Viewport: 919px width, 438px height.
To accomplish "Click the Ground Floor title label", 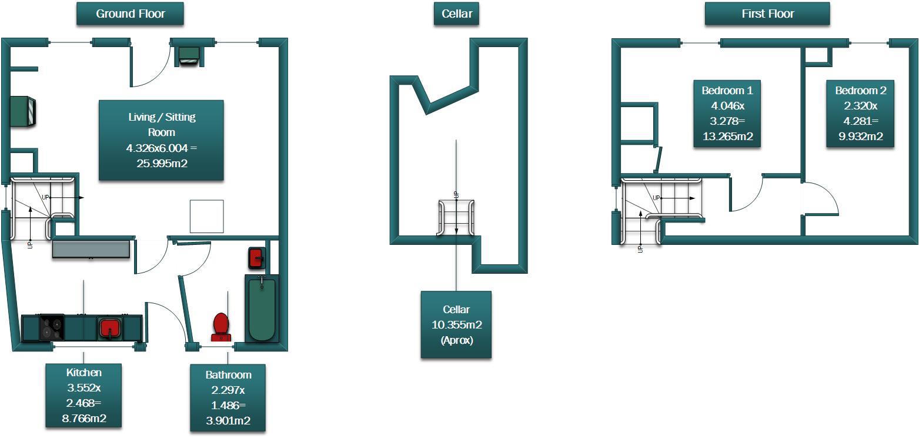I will pyautogui.click(x=130, y=14).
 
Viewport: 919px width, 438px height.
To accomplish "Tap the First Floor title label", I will pyautogui.click(x=767, y=14).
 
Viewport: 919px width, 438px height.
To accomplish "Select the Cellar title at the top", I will pyautogui.click(x=456, y=14).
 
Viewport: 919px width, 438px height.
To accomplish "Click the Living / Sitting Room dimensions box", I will pyautogui.click(x=161, y=140).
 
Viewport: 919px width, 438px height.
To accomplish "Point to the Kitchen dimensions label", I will pyautogui.click(x=83, y=396).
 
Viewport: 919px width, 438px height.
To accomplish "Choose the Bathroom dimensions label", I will pyautogui.click(x=228, y=397).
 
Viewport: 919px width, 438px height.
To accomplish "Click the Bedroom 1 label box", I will pyautogui.click(x=727, y=114).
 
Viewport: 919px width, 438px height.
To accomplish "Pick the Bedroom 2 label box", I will pyautogui.click(x=860, y=114).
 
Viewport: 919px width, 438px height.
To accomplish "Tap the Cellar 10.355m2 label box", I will pyautogui.click(x=456, y=324).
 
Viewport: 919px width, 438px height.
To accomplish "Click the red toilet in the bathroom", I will pyautogui.click(x=221, y=326).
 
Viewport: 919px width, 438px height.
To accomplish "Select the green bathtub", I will pyautogui.click(x=261, y=309).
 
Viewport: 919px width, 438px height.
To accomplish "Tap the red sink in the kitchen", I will pyautogui.click(x=109, y=327).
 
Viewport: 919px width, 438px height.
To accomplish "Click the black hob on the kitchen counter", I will pyautogui.click(x=52, y=327).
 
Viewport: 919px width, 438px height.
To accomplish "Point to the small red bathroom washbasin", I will pyautogui.click(x=256, y=258).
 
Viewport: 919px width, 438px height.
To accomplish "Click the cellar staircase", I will pyautogui.click(x=456, y=218).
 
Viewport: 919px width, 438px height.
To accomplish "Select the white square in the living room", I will pyautogui.click(x=206, y=216).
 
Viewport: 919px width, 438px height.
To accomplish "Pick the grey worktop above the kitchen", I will pyautogui.click(x=91, y=248).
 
